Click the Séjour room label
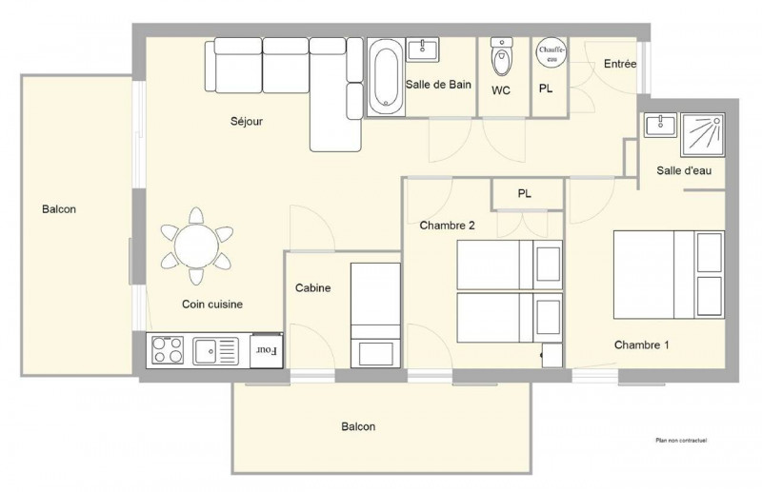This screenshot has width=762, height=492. pyautogui.click(x=246, y=122)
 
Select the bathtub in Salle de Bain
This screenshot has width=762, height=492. pyautogui.click(x=385, y=77)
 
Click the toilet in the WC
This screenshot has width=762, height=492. pyautogui.click(x=501, y=59)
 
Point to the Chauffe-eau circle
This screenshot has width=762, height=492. pyautogui.click(x=550, y=53)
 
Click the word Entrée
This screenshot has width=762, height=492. pyautogui.click(x=621, y=64)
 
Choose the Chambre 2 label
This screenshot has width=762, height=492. pyautogui.click(x=447, y=226)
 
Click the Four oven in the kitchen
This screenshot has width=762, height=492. pyautogui.click(x=267, y=349)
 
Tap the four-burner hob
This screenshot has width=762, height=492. pyautogui.click(x=168, y=350)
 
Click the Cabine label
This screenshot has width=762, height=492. pyautogui.click(x=312, y=287)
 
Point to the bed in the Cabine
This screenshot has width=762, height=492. pyautogui.click(x=375, y=314)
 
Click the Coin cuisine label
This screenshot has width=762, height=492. pyautogui.click(x=211, y=305)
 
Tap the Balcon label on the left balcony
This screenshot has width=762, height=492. pyautogui.click(x=59, y=210)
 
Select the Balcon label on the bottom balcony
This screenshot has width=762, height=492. pyautogui.click(x=357, y=427)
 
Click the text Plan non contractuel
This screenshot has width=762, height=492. pyautogui.click(x=681, y=441)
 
